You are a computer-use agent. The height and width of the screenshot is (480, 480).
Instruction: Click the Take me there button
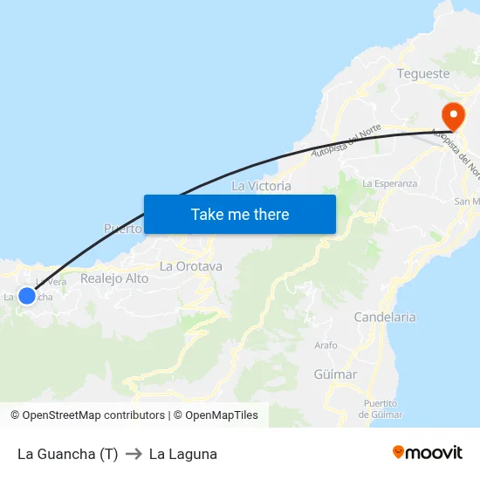[x=240, y=214]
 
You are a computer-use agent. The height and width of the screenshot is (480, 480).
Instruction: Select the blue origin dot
[x=27, y=296]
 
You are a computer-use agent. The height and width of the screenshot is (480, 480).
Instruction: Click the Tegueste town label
[x=423, y=74]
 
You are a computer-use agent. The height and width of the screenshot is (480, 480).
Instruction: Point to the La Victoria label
[x=261, y=186]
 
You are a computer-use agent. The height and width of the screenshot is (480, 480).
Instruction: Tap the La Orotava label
[x=191, y=266]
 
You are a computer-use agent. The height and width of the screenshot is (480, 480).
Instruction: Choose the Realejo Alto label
[x=114, y=278]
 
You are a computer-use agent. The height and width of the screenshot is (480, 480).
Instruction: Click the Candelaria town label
[x=385, y=317]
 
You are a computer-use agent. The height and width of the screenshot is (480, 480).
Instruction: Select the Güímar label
[x=335, y=374]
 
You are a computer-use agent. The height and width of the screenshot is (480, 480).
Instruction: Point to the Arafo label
[x=326, y=346]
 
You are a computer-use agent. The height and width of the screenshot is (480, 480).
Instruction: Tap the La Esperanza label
[x=389, y=183]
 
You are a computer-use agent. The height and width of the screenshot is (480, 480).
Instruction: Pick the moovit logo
[x=428, y=452]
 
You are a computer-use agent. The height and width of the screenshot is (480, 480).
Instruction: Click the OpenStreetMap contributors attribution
[x=87, y=415]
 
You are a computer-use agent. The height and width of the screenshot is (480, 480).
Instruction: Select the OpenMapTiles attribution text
[x=216, y=415]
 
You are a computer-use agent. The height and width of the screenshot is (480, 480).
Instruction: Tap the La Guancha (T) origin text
[x=67, y=454]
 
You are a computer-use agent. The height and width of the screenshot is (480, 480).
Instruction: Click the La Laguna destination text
[x=183, y=454]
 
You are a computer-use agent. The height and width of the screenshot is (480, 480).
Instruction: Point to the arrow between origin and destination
[x=134, y=454]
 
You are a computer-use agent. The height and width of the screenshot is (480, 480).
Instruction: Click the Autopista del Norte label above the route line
[x=346, y=140]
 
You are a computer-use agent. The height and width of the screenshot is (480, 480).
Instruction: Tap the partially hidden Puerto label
[x=123, y=230]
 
